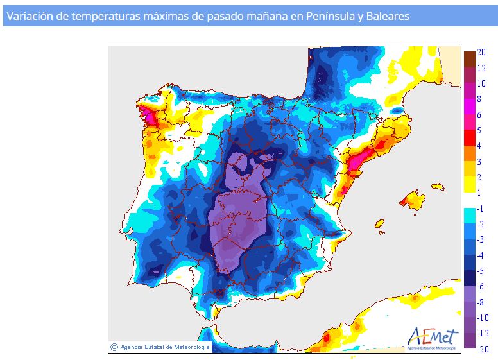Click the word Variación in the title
[x=30, y=16]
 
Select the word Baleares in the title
[x=388, y=16]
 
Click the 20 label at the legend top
[x=481, y=52]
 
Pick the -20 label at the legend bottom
[x=483, y=349]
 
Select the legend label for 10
[x=481, y=83]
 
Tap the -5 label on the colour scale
[x=480, y=271]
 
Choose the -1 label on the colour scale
[x=480, y=209]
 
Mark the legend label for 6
[x=479, y=115]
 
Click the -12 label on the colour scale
[x=483, y=333]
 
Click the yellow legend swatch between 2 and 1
[x=470, y=184]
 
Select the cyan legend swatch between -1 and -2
[x=470, y=216]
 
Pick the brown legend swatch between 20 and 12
[x=470, y=59]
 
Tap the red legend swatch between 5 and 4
[x=470, y=138]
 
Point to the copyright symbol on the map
[x=114, y=347]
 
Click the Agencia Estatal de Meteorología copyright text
[x=165, y=347]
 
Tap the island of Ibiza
[x=379, y=224]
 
